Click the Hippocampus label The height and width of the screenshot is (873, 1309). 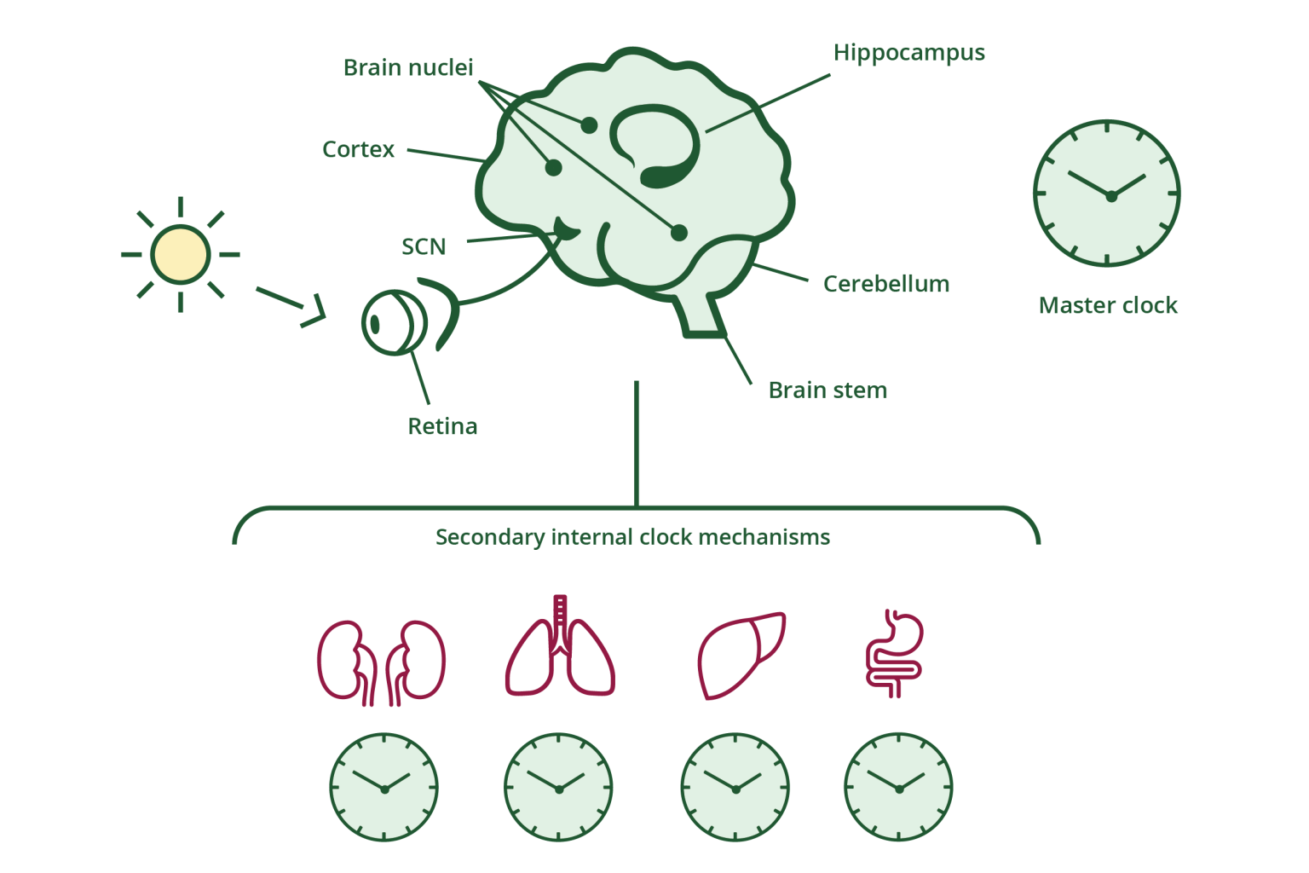pyautogui.click(x=908, y=53)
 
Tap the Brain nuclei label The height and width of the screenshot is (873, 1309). pyautogui.click(x=407, y=67)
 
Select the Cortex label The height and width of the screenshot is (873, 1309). pyautogui.click(x=358, y=149)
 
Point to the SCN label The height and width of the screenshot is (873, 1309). pyautogui.click(x=424, y=246)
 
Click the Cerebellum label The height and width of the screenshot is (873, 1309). pyautogui.click(x=885, y=283)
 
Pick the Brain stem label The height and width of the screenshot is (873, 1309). pyautogui.click(x=827, y=390)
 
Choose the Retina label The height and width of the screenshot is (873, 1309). pyautogui.click(x=442, y=425)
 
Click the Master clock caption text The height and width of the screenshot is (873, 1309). pyautogui.click(x=1107, y=305)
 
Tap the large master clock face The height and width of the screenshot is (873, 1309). pyautogui.click(x=1106, y=194)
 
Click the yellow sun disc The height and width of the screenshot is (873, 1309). pyautogui.click(x=180, y=254)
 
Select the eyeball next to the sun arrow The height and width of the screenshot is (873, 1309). pyautogui.click(x=393, y=322)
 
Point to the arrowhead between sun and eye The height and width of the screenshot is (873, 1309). pyautogui.click(x=315, y=312)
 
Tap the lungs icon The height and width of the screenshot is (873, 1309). pyautogui.click(x=560, y=648)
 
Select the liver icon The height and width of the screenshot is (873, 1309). pyautogui.click(x=739, y=654)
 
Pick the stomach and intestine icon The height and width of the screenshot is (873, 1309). pyautogui.click(x=895, y=653)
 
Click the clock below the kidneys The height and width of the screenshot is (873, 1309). pyautogui.click(x=383, y=787)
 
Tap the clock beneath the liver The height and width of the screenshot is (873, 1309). pyautogui.click(x=735, y=787)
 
